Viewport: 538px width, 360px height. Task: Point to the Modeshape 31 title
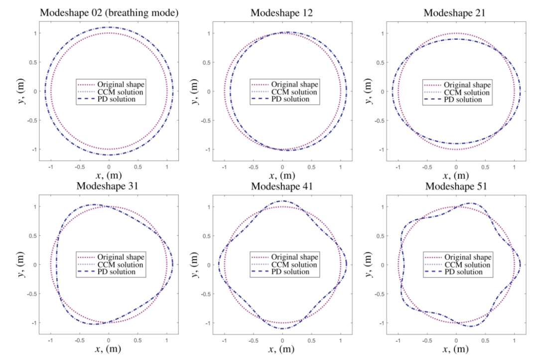(109, 186)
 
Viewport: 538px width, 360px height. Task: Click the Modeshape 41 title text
(282, 186)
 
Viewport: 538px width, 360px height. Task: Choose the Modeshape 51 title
(456, 186)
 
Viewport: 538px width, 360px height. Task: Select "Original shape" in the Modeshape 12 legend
(292, 84)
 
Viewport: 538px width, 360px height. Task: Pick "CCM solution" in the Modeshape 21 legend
(466, 92)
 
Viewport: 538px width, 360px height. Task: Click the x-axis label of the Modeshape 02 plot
(109, 175)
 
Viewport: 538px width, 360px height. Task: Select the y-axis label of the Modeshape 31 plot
(21, 264)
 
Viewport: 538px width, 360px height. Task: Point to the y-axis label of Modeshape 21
(369, 91)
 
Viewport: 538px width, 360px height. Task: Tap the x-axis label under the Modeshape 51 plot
(456, 349)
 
